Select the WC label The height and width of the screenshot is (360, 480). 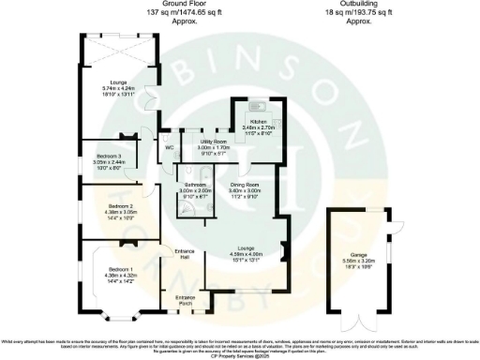[x=170, y=147]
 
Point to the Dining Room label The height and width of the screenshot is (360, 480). [x=251, y=186]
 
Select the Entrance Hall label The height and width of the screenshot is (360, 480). [x=185, y=254]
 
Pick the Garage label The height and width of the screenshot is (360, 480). [x=357, y=253]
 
